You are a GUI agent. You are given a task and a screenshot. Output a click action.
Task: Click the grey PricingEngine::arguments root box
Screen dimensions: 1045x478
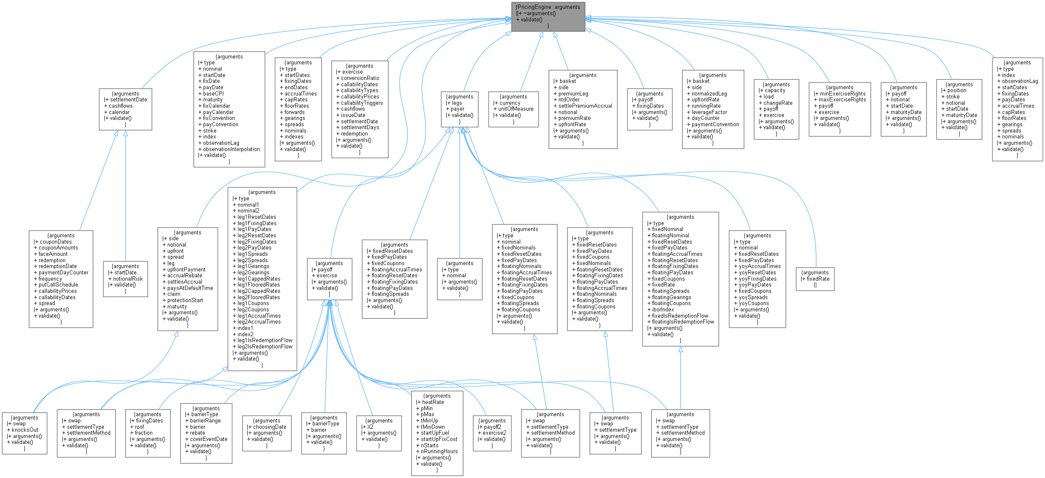pos(548,16)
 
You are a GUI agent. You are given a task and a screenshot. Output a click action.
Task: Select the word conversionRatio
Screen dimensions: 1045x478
pos(360,78)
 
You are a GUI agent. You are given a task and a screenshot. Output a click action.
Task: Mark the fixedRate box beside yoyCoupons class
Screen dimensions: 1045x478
pos(815,279)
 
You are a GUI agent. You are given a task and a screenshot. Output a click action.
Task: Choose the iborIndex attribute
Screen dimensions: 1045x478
pos(663,310)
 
